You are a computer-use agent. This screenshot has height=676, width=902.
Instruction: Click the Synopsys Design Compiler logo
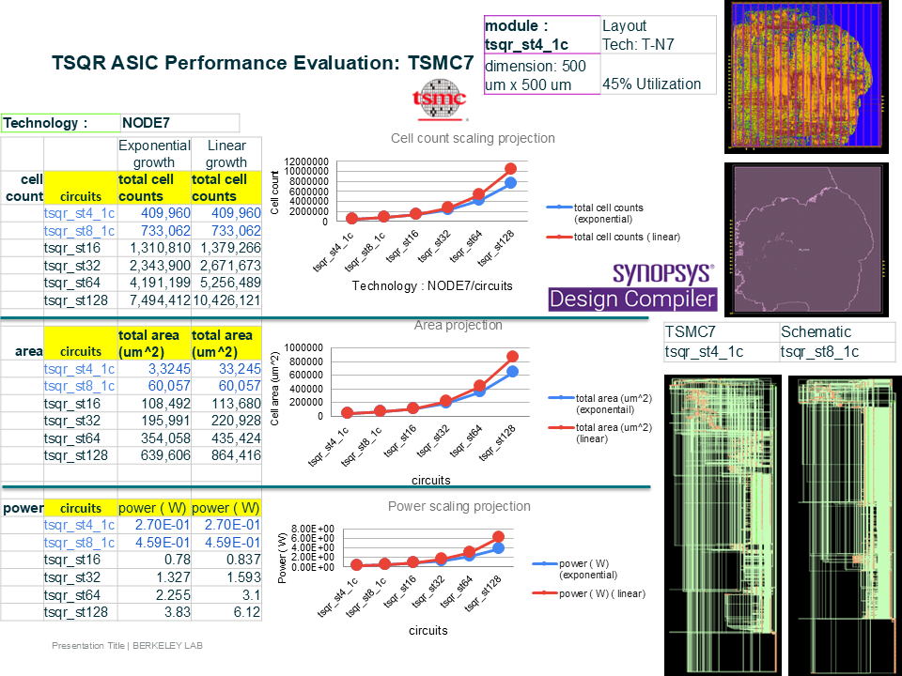pos(632,287)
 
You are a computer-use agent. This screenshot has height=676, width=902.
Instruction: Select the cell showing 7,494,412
pos(153,300)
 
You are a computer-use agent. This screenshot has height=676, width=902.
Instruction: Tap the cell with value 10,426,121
pos(225,300)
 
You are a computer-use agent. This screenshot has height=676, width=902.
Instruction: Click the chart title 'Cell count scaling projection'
pos(473,138)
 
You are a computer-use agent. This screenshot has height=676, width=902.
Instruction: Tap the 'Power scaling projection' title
pos(459,506)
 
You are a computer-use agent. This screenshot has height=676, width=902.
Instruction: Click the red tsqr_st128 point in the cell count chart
pos(510,169)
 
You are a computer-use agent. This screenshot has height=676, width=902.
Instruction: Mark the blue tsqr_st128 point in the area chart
pos(510,372)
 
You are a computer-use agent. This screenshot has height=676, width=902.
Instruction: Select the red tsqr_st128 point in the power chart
pos(499,537)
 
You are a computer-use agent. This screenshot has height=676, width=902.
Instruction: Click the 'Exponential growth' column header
pos(153,154)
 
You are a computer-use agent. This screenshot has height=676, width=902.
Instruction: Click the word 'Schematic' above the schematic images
pos(816,331)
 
